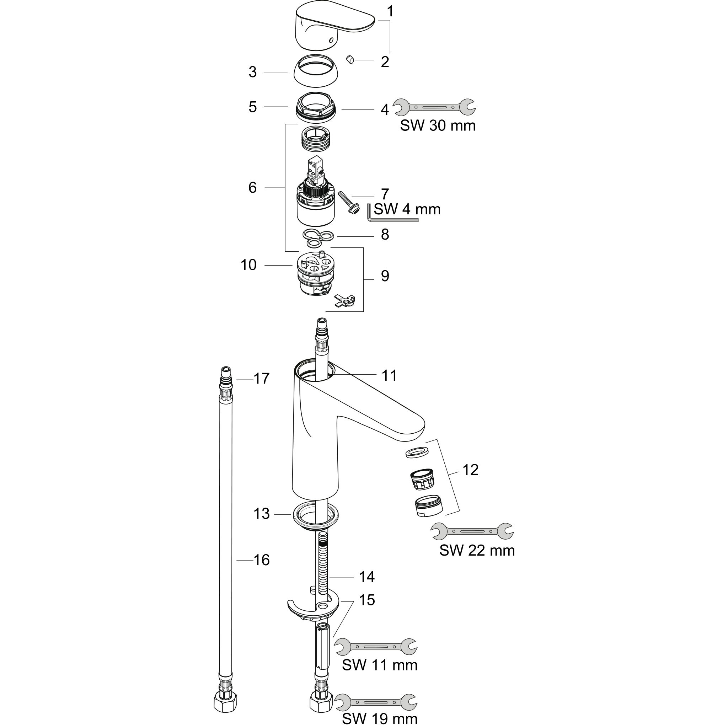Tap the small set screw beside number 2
[x=350, y=59]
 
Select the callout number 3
[x=252, y=72]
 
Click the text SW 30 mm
[x=438, y=126]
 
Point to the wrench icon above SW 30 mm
[x=434, y=107]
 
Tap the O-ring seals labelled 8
[x=318, y=238]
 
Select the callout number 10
[x=248, y=265]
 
